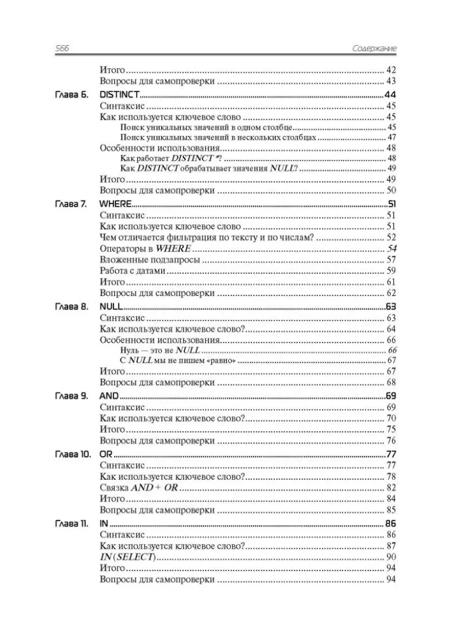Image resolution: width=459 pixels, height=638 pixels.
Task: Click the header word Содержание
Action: [x=375, y=48]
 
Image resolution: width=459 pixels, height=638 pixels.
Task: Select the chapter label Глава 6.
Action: [x=70, y=95]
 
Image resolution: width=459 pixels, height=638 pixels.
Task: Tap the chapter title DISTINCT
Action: [x=120, y=95]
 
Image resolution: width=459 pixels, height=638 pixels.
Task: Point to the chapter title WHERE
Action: [x=115, y=204]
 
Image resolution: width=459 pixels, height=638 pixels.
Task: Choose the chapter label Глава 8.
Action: [x=70, y=307]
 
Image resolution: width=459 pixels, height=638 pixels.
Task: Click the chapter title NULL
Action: [x=112, y=307]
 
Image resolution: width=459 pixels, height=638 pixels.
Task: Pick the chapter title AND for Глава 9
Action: [x=110, y=396]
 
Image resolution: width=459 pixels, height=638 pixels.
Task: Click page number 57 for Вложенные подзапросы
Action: [x=391, y=260]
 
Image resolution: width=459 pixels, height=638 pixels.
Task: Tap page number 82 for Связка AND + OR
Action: [x=391, y=487]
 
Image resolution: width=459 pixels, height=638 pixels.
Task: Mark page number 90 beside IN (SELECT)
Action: [x=391, y=557]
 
